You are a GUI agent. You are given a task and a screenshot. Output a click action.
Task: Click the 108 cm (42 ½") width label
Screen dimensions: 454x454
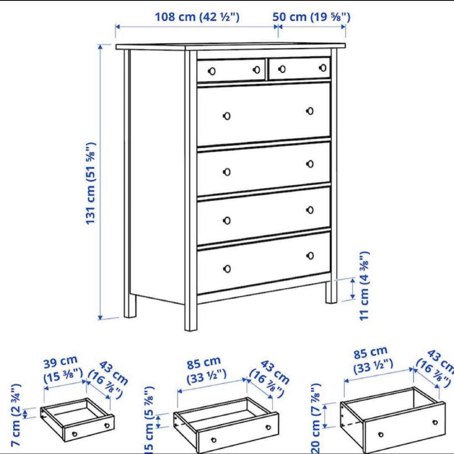[x=197, y=17]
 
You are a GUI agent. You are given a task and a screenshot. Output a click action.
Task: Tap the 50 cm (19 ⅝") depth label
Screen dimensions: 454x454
[x=311, y=17]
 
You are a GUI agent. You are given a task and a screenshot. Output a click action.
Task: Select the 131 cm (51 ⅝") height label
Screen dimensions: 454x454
[x=91, y=183]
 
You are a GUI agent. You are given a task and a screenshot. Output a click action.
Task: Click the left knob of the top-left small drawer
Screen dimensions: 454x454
[x=212, y=71]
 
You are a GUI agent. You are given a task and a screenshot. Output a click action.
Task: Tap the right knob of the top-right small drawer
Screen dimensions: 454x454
[x=323, y=67]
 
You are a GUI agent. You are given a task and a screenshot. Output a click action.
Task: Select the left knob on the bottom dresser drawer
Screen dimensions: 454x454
[x=227, y=268]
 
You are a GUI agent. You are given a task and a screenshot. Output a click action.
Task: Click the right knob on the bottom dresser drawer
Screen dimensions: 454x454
[x=311, y=255]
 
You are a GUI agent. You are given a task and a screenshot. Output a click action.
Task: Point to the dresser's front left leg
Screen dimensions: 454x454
[x=191, y=311]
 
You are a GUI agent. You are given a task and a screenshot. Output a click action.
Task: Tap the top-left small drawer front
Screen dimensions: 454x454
[x=232, y=70]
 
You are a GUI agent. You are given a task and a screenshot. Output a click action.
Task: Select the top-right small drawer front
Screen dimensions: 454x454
[x=299, y=68]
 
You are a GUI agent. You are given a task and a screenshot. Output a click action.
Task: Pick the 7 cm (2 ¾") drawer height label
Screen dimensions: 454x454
[x=15, y=415]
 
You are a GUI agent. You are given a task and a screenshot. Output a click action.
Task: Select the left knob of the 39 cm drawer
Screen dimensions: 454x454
[x=75, y=433]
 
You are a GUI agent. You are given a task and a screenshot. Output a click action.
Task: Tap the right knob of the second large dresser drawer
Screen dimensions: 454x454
[x=310, y=164]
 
